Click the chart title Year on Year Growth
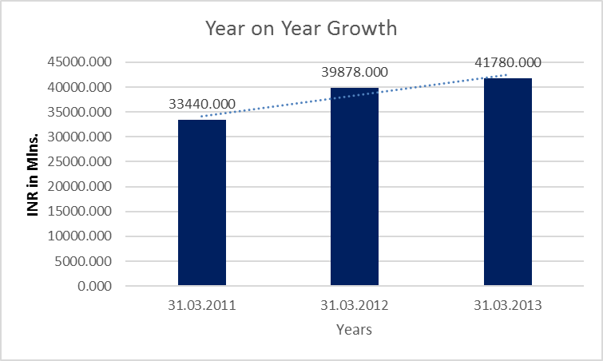[301, 29]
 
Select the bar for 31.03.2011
[201, 202]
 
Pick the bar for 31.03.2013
[508, 181]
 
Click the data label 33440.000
[201, 104]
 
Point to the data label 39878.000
[355, 72]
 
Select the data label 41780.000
[508, 62]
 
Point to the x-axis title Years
[354, 329]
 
